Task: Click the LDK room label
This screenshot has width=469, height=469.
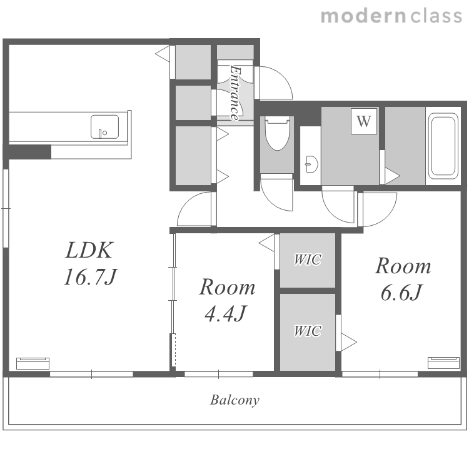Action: (x=89, y=250)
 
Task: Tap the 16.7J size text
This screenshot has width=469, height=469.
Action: (x=91, y=276)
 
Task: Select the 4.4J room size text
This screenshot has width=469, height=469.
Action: (x=225, y=313)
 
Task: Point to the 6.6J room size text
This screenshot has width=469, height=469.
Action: (x=401, y=292)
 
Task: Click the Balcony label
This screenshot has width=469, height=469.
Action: (x=234, y=400)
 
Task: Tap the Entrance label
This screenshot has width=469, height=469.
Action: (x=235, y=93)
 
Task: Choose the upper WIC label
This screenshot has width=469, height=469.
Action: (x=308, y=260)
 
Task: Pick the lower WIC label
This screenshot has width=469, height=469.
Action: (x=308, y=331)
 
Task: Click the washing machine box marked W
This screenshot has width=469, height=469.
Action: (x=364, y=121)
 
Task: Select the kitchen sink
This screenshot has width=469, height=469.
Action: (x=104, y=127)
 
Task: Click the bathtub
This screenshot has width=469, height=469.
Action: (x=443, y=146)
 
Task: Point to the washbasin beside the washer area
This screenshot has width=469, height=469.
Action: (x=311, y=164)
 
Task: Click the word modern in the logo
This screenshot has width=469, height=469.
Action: (x=363, y=16)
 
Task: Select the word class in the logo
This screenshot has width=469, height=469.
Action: (x=436, y=16)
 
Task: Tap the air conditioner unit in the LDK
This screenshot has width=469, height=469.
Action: (x=33, y=363)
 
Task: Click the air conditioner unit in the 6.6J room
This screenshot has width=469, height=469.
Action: (x=443, y=363)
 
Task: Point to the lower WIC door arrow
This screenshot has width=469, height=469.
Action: (x=349, y=342)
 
